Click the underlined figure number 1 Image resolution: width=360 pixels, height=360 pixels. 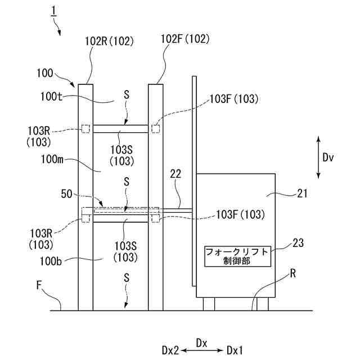coord(54,11)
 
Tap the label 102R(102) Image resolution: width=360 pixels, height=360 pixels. coord(109,41)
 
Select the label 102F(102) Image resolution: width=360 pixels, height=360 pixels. coord(185,39)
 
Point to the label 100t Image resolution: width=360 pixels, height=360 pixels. coord(51,97)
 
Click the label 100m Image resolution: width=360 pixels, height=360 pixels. coord(52,159)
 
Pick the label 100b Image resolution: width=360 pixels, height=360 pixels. coord(51,261)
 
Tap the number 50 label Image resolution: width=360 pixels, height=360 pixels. coord(66,194)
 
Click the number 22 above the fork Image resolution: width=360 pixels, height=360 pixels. coord(175,174)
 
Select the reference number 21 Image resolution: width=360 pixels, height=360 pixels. coord(303,193)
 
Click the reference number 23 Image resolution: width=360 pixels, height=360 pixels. coord(298,243)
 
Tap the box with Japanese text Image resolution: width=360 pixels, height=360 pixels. coord(237,256)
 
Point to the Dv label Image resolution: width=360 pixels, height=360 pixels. coord(328,157)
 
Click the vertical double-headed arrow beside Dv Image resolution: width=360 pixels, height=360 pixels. coord(318,157)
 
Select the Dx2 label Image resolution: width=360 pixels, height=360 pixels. coord(170,350)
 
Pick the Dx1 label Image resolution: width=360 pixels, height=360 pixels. coord(235,350)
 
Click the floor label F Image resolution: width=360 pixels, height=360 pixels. coord(39,285)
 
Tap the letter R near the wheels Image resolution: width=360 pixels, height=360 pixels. coord(293,273)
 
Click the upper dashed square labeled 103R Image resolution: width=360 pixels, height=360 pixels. coord(86,129)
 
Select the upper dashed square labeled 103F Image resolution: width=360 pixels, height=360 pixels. coord(156,129)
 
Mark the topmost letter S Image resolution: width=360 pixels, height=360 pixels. coord(127,95)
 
